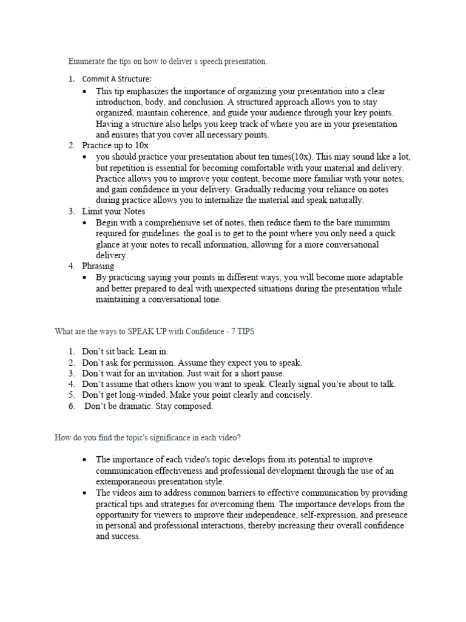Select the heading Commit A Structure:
[x=117, y=79]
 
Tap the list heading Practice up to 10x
[x=115, y=146]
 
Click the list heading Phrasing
[x=98, y=266]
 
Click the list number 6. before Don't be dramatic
[x=72, y=406]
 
